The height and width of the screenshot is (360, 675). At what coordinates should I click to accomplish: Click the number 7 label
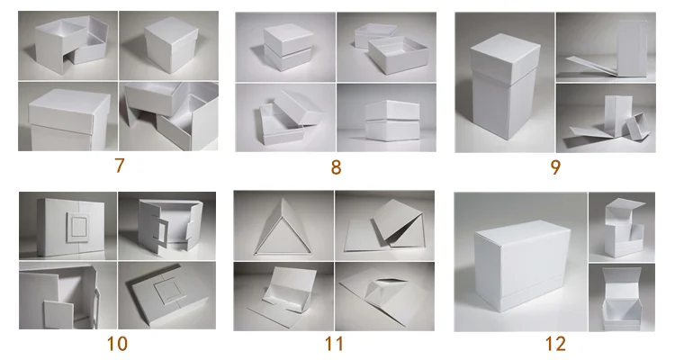pos(120,166)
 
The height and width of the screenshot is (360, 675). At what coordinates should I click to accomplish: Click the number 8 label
pos(337,167)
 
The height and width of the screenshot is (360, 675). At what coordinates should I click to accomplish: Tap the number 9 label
pos(556,167)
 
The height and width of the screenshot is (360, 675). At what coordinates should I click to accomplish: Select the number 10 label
pos(117,344)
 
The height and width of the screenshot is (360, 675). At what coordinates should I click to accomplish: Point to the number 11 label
pos(334,344)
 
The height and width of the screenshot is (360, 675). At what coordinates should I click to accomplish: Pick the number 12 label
pos(555,344)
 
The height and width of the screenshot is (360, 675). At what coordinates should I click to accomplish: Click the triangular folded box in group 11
pos(283,227)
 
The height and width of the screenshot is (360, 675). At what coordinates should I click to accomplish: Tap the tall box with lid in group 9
pos(504,86)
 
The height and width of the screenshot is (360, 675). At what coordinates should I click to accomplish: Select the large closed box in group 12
pos(523,264)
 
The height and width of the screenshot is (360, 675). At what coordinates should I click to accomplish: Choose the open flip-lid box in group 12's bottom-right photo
pos(621,298)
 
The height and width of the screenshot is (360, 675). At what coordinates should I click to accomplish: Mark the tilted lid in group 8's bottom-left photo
pos(297,108)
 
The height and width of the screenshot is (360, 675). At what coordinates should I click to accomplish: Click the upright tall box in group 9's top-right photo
pos(633,48)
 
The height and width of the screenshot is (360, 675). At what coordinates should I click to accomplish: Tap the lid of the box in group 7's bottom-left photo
pos(69,109)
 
